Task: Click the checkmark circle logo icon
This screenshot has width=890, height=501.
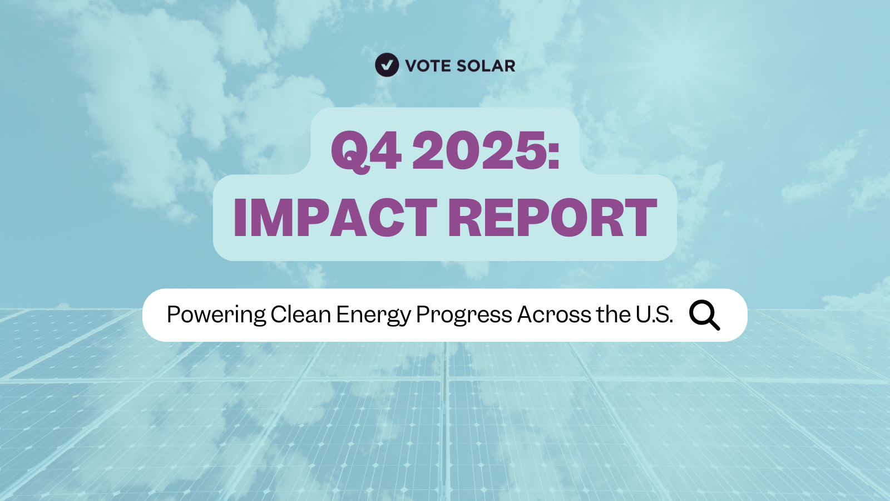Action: tap(387, 65)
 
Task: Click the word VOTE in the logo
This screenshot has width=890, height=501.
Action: tap(428, 66)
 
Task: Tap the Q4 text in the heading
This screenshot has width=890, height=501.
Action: tap(366, 150)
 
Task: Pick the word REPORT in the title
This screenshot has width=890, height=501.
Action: tap(552, 218)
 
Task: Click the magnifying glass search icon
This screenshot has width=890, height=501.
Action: tap(704, 315)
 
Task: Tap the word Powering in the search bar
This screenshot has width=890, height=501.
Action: tap(216, 315)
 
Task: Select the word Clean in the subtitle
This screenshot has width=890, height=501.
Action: tap(301, 315)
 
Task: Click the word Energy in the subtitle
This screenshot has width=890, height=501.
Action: tap(373, 315)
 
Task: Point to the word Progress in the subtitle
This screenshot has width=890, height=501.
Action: tap(464, 315)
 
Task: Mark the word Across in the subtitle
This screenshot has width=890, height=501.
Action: tap(554, 315)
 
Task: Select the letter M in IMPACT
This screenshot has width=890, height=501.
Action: tap(274, 218)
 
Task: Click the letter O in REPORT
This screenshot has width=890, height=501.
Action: tap(568, 218)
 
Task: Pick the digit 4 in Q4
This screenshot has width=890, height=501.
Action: tap(385, 150)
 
